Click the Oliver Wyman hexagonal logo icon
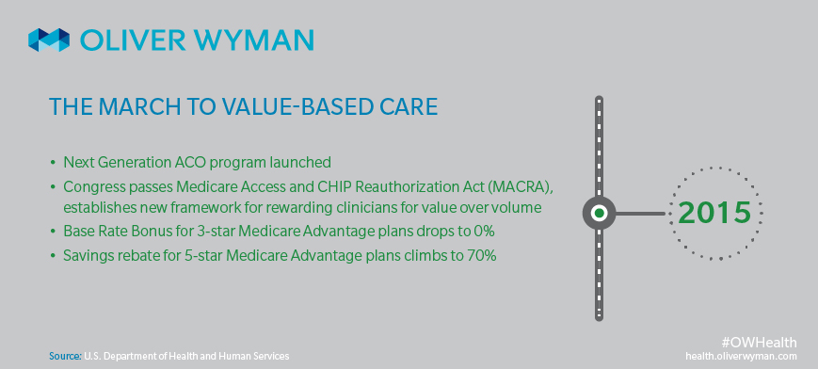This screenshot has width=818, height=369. [x=49, y=40]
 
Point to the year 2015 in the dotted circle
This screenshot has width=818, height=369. [x=715, y=213]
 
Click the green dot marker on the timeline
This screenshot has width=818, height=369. [x=599, y=213]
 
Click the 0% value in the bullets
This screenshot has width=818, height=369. [x=484, y=232]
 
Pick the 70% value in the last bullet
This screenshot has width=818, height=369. [x=483, y=256]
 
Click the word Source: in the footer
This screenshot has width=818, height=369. [x=66, y=356]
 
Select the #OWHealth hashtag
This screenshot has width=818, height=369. [x=759, y=343]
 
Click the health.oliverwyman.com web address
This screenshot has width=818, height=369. [x=742, y=356]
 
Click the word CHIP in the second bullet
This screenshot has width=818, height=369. [x=341, y=185]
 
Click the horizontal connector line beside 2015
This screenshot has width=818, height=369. [x=642, y=213]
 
